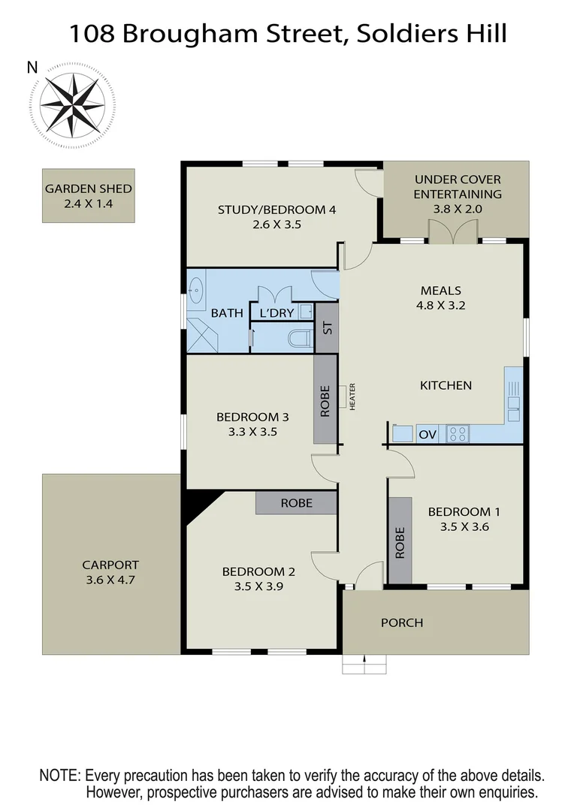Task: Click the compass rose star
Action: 72,106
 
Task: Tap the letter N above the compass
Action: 32,68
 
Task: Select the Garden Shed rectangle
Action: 89,195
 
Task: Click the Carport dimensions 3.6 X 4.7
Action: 110,579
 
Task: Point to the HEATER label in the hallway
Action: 351,396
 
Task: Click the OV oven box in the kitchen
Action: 427,434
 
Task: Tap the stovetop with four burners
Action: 458,433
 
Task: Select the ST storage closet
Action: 326,327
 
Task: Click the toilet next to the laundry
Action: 301,338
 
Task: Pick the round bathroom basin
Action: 196,289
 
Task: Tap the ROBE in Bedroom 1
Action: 400,541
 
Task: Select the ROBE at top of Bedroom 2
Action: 296,503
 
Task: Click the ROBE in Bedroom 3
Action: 325,398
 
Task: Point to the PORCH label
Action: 401,623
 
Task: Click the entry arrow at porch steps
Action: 364,662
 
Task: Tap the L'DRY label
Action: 277,313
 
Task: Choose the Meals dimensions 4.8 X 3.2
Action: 440,306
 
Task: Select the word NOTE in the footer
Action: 59,775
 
